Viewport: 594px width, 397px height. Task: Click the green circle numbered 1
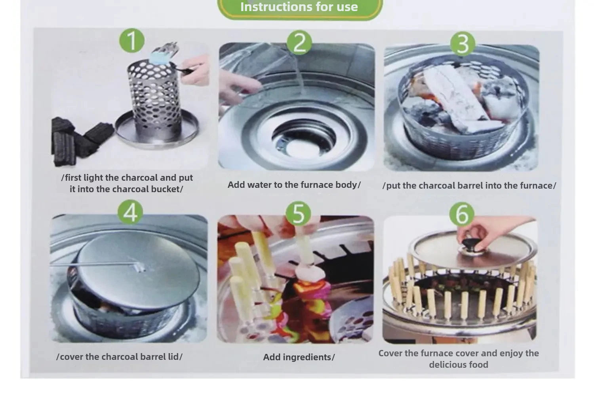tap(132, 40)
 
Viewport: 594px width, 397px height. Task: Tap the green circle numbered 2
tap(299, 42)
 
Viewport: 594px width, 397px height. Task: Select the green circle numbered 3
tap(463, 44)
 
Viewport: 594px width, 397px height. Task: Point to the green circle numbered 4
tap(130, 212)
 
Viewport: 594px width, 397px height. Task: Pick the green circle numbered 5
tap(298, 214)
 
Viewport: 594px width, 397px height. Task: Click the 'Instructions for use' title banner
tap(300, 8)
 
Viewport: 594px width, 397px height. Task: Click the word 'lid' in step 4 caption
tap(173, 357)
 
